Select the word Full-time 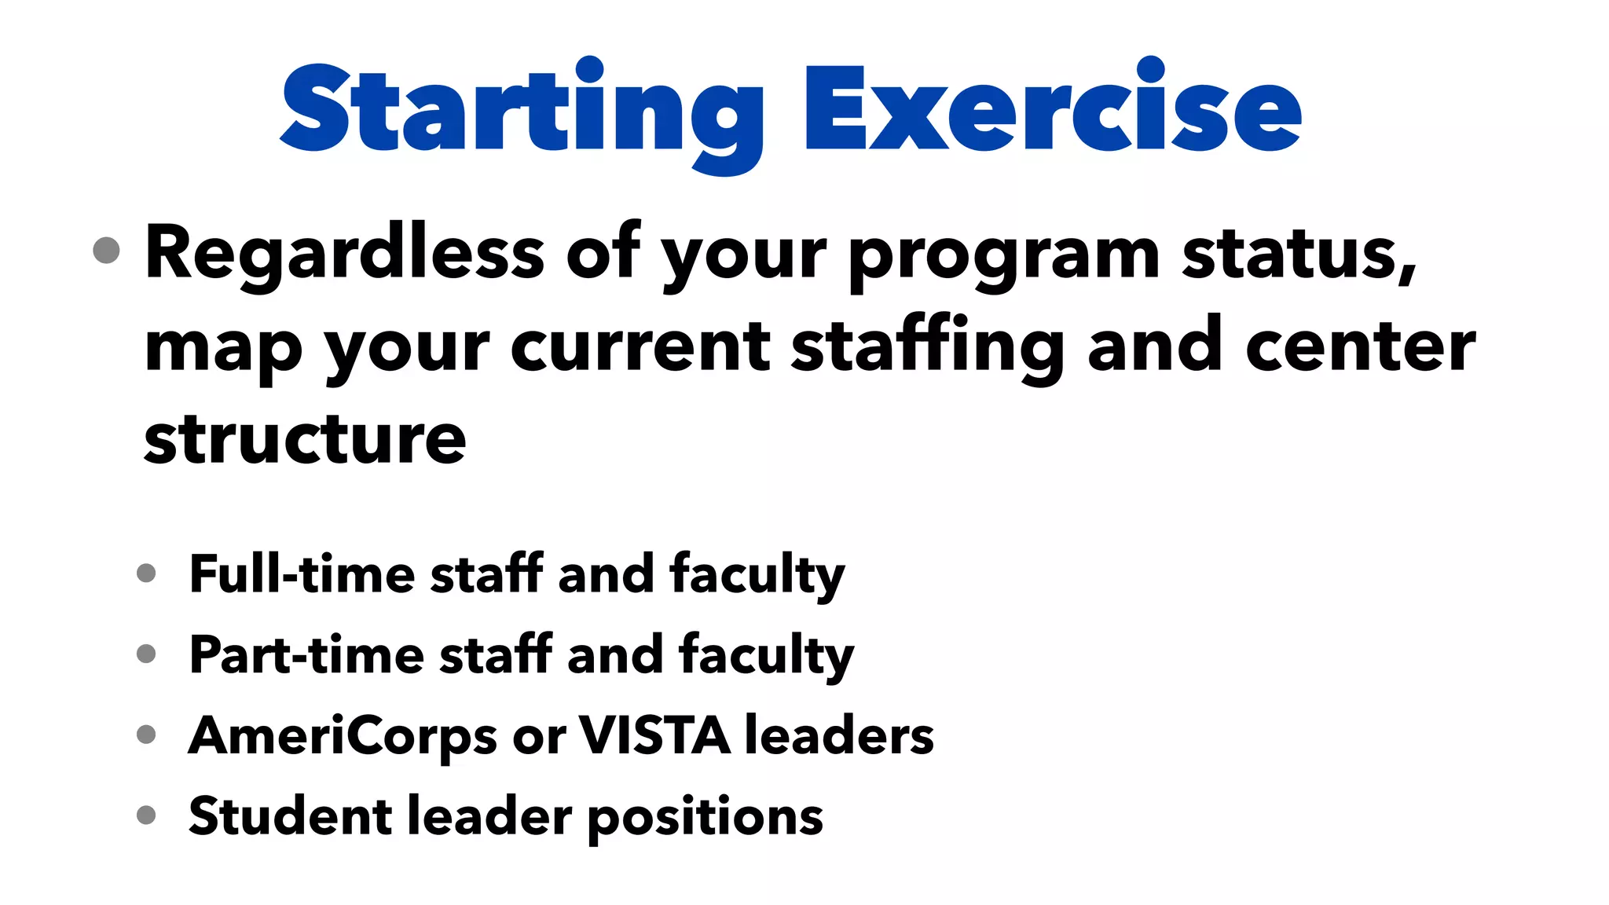[x=302, y=573]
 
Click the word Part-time [x=306, y=654]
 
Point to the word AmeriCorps [x=343, y=737]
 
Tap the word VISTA [x=654, y=735]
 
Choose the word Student [x=290, y=816]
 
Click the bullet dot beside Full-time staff [x=146, y=573]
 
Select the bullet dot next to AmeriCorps [x=146, y=735]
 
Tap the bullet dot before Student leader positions [x=146, y=815]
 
